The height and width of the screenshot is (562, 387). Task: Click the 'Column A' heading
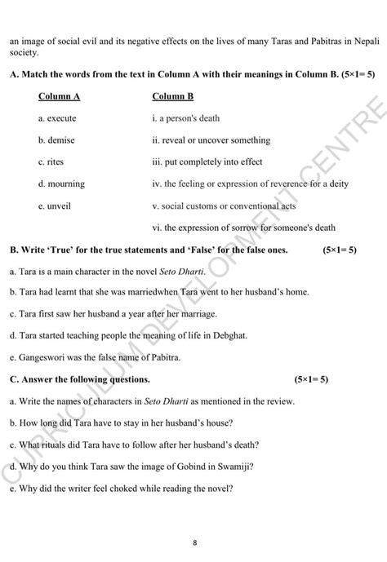tap(59, 96)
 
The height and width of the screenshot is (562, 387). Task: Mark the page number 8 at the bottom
tap(194, 542)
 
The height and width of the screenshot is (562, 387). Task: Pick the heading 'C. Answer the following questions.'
tap(80, 379)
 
